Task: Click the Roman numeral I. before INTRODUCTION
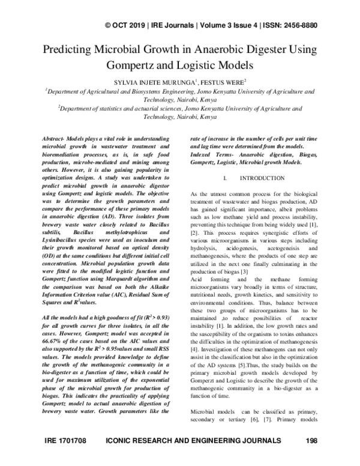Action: [x=224, y=178]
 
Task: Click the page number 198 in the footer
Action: [x=311, y=458]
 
